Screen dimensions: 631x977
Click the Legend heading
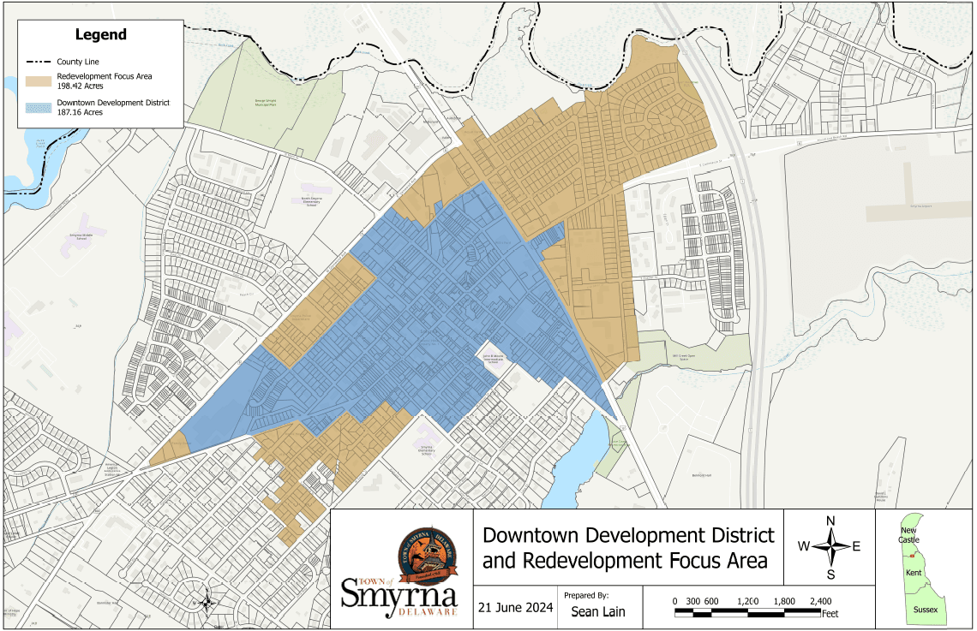100,35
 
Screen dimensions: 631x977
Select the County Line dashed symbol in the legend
37,62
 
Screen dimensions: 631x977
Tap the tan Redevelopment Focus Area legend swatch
37,81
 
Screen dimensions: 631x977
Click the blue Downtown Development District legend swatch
37,107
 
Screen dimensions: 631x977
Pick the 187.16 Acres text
80,112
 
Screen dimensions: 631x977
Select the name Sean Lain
598,611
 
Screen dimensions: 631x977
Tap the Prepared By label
586,594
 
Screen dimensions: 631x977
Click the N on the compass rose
830,521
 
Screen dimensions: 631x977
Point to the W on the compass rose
804,546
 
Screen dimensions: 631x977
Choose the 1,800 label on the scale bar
782,601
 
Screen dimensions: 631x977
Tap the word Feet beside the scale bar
830,614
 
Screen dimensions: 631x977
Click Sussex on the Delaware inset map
926,610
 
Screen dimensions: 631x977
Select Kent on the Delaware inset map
914,571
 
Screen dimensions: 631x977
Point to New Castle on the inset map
908,535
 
